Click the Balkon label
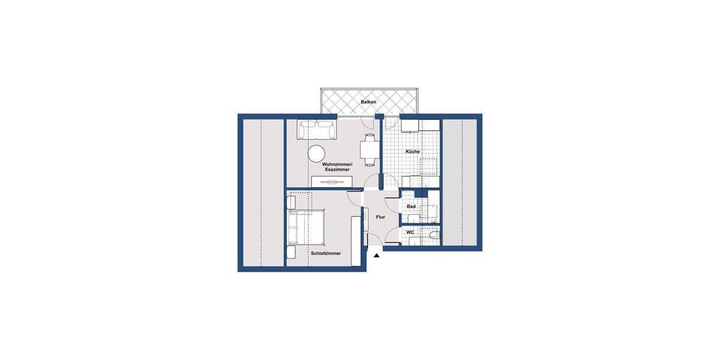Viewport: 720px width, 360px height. coord(368,102)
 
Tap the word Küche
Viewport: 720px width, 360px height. coord(413,151)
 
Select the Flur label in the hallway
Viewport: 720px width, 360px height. coord(380,217)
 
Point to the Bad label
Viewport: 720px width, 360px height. coord(411,206)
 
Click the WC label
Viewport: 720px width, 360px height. coord(410,232)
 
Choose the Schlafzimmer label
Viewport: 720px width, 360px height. coord(326,253)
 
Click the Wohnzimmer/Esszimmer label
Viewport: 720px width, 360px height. coord(337,167)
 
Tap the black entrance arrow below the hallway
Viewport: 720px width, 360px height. coord(377,256)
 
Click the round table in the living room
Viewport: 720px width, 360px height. coord(317,154)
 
